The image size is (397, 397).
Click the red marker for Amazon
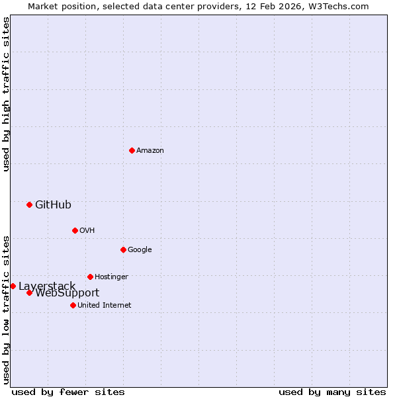[x=132, y=150]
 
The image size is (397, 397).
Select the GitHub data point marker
[x=29, y=204]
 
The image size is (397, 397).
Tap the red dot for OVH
[x=75, y=230]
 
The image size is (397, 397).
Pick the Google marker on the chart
[x=123, y=249]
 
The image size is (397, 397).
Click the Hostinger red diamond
[x=90, y=277]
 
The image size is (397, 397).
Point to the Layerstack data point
[x=13, y=286]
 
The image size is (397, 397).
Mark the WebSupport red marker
[x=29, y=292]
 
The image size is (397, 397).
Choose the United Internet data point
[x=73, y=305]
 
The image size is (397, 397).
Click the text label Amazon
[x=150, y=150]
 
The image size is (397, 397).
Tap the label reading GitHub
[x=53, y=204]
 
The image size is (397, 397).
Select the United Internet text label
[x=104, y=305]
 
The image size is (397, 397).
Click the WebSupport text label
[x=67, y=293]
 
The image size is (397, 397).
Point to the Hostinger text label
[x=111, y=277]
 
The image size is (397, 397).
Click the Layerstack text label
[x=47, y=286]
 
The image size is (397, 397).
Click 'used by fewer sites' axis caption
[x=68, y=392]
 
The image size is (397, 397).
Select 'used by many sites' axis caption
[x=332, y=392]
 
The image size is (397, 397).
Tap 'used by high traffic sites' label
[x=6, y=94]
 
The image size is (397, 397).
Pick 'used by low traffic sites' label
[x=6, y=309]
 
